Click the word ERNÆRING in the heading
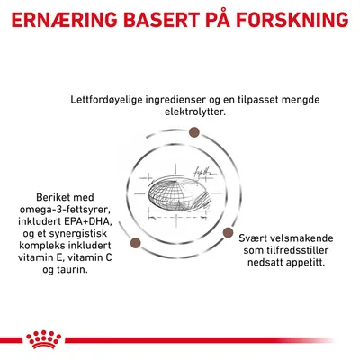pos(64,20)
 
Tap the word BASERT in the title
pos(161,20)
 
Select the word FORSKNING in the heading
pos(292,20)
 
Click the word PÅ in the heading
pos(218,19)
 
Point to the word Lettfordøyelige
pos(106,100)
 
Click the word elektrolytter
pos(195,112)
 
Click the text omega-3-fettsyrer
pos(65,210)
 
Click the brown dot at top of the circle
pos(194,132)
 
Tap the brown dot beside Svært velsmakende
pos(228,232)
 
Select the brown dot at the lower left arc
pos(136,243)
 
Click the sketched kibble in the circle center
pos(179,195)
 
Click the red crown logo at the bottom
pos(44,339)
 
